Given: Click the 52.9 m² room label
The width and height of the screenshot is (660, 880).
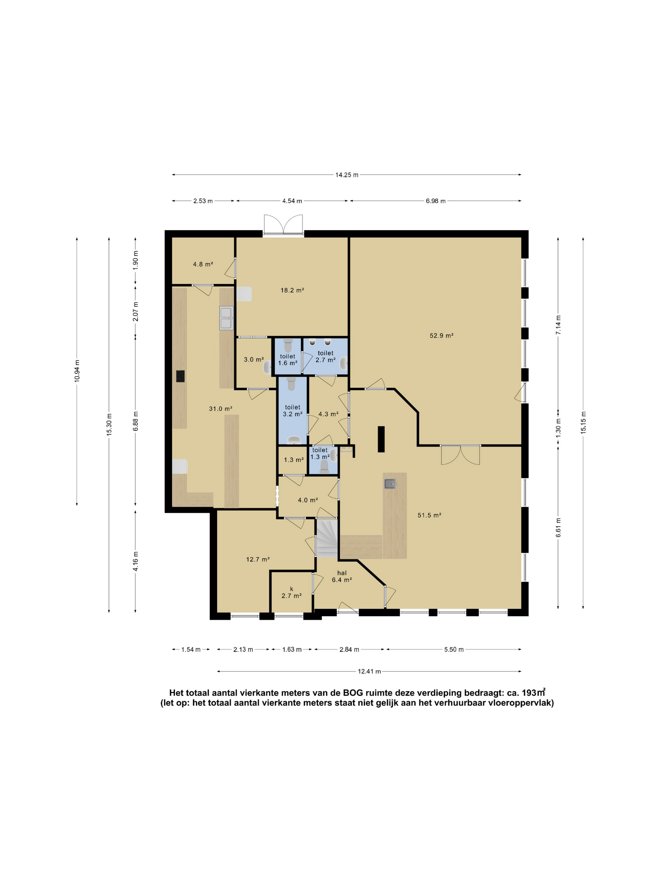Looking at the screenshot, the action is (x=441, y=335).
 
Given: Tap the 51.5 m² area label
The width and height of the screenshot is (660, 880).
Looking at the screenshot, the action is (x=429, y=515).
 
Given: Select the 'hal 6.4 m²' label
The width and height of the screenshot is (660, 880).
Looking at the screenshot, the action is (x=342, y=576).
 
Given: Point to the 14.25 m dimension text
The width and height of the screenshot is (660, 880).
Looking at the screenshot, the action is (x=347, y=175).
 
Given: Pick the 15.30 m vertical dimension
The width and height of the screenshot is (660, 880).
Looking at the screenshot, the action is (x=109, y=425).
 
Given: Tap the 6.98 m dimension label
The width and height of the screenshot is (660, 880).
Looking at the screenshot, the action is (x=436, y=201).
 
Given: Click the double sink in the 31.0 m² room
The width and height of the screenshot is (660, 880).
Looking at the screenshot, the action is (x=226, y=318).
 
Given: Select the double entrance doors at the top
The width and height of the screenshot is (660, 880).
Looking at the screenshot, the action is (x=283, y=225).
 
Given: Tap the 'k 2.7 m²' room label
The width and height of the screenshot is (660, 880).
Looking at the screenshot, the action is (x=291, y=592).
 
